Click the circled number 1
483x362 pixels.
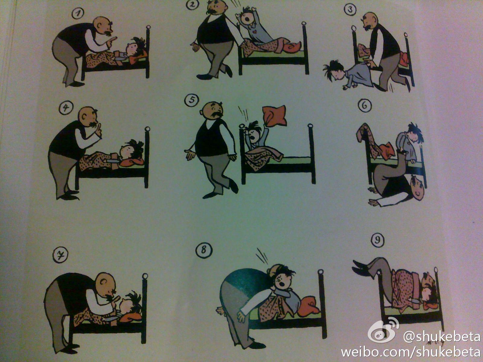[x=78, y=13]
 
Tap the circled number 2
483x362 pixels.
[x=192, y=5]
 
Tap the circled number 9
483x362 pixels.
[x=378, y=240]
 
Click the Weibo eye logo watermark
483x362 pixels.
[x=383, y=330]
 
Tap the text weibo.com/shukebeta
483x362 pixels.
[x=410, y=352]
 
